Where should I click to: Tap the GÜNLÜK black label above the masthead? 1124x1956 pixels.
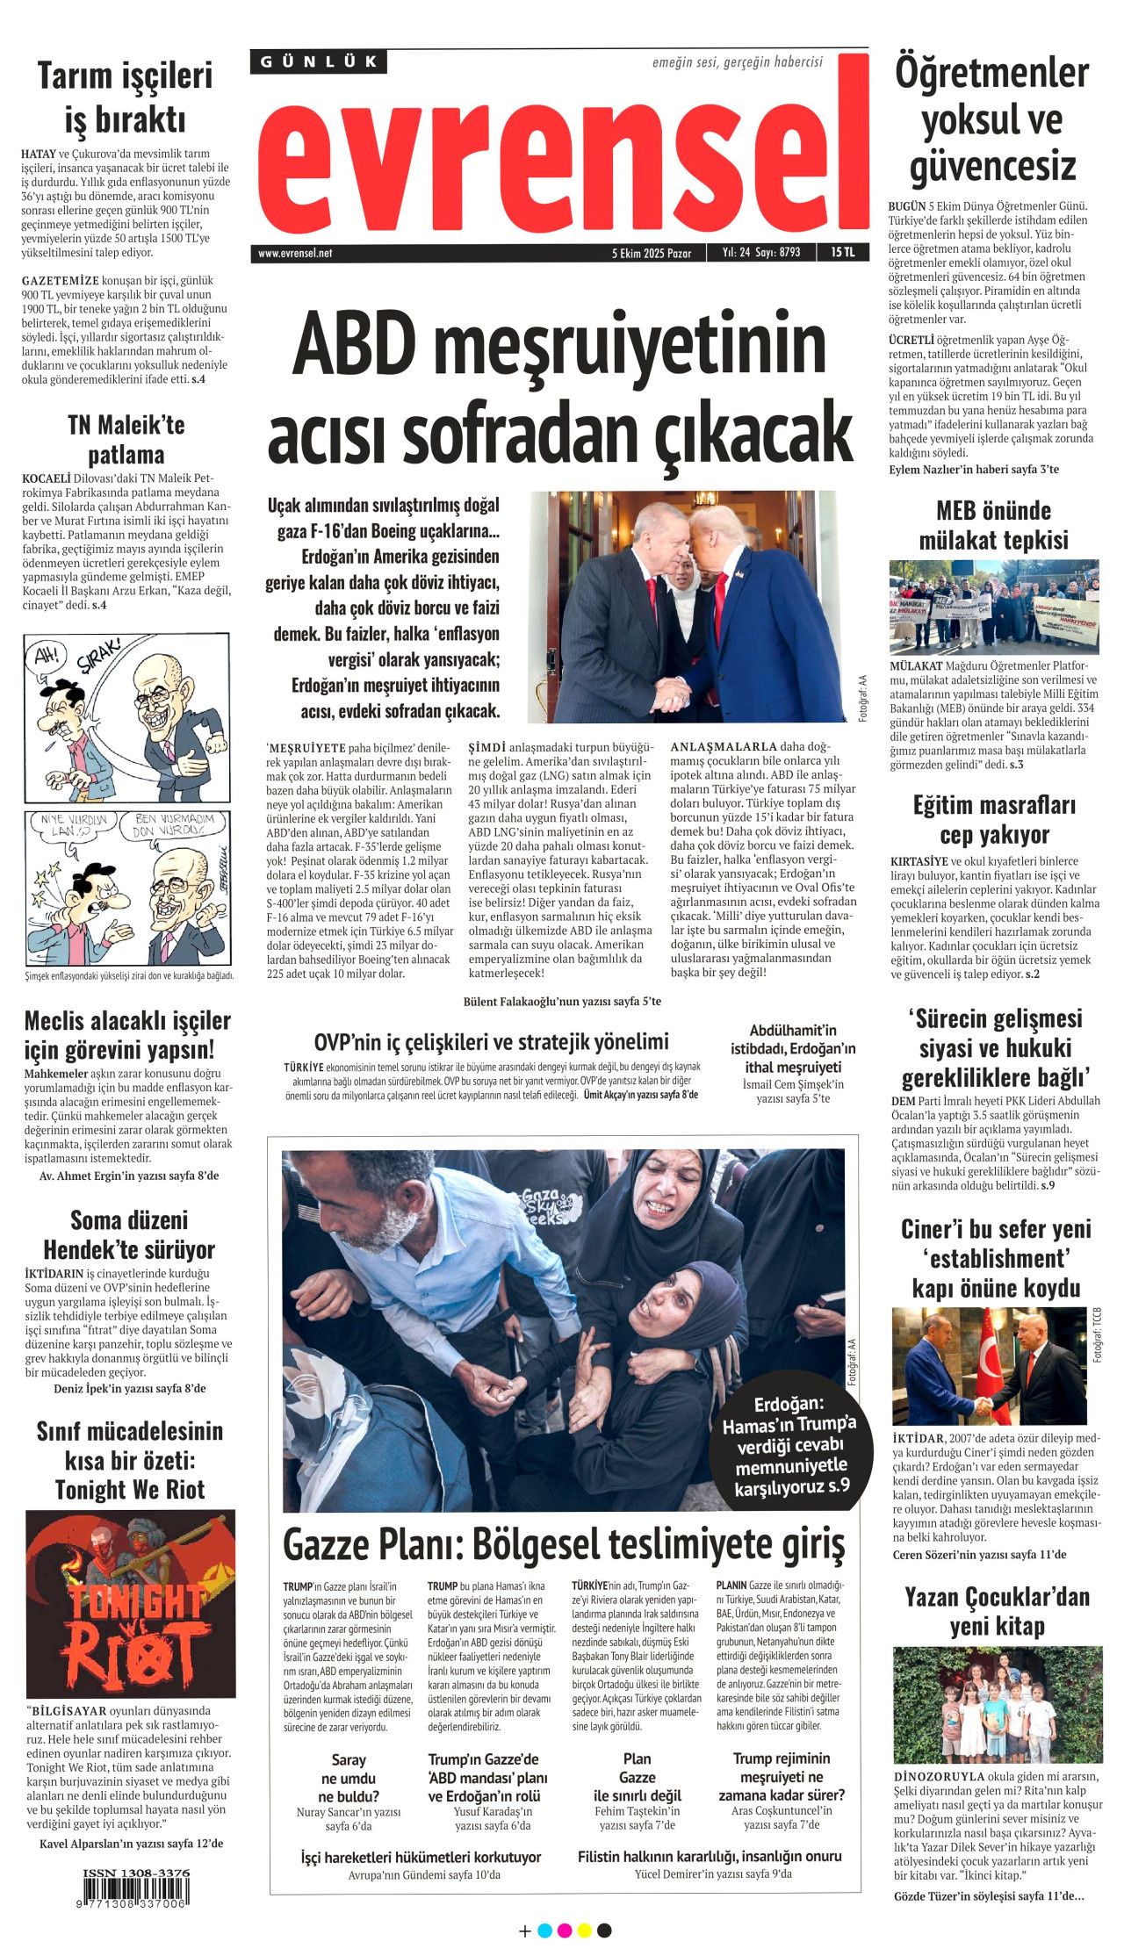(319, 61)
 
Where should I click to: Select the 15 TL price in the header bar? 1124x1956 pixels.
(842, 252)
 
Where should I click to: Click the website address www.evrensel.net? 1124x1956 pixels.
(295, 253)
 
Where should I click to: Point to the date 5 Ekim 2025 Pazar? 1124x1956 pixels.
(652, 253)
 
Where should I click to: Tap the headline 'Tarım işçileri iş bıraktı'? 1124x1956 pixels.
(125, 97)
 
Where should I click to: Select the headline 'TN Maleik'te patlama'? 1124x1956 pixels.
(126, 439)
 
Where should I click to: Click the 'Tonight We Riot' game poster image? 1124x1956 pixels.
(130, 1603)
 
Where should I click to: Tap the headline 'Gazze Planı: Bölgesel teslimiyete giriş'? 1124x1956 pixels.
(563, 1544)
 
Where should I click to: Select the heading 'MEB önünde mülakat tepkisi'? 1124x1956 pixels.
(993, 524)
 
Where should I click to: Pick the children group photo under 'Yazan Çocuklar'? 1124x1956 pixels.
(997, 1704)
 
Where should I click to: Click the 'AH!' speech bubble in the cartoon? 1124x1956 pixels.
(46, 655)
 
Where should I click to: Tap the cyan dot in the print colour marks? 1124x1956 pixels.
(544, 1931)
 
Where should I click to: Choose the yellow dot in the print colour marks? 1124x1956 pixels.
(584, 1931)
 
